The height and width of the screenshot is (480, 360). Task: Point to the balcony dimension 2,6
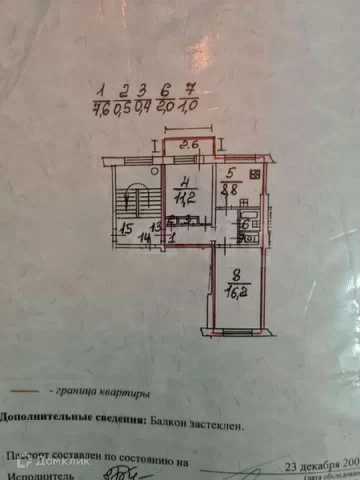click(x=189, y=145)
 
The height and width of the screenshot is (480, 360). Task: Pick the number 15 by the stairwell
click(x=126, y=230)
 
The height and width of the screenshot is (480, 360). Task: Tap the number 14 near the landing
click(x=144, y=237)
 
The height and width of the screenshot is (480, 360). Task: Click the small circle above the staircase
click(x=154, y=171)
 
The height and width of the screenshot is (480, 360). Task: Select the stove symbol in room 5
click(x=255, y=175)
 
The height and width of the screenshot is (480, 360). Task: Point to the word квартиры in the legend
click(x=128, y=394)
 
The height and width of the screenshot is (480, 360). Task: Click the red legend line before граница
click(x=25, y=391)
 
